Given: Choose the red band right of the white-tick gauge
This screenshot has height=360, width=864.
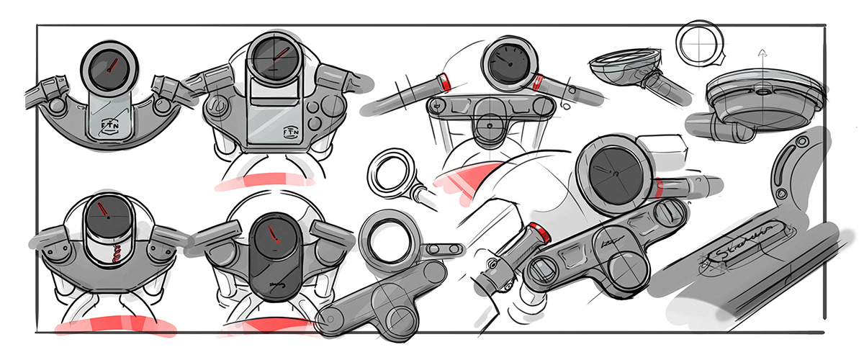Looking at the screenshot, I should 539,81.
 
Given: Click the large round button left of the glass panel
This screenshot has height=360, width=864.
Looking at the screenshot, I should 221,109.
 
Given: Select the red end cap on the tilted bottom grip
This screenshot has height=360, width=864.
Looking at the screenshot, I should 539,232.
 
